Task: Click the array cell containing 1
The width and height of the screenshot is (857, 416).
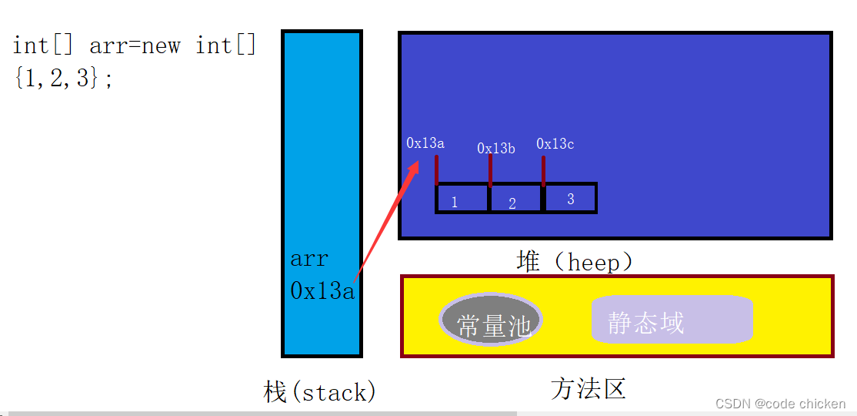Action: coord(462,199)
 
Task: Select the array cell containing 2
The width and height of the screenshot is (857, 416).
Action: coord(516,199)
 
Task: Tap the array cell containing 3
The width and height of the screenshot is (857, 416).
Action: coord(570,198)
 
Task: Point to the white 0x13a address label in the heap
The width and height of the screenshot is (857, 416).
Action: coord(425,143)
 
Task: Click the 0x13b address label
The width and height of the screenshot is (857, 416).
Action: coord(496,148)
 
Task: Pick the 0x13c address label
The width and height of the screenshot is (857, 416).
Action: coord(555,143)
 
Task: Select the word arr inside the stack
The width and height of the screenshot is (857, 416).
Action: coord(309,259)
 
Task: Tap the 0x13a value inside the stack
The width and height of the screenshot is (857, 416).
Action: coord(322,290)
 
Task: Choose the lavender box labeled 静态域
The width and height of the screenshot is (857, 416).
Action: coord(672,320)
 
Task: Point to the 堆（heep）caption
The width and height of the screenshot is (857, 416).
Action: coord(575,262)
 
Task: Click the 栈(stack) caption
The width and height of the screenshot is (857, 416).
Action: coord(319,392)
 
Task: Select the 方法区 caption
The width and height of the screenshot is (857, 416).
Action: coord(589,388)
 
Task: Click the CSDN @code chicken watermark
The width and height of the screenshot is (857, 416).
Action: coord(780,404)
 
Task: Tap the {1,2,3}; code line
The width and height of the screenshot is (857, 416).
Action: coord(63,78)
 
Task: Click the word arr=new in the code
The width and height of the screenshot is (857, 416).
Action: coord(135,45)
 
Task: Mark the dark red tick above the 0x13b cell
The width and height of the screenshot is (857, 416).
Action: coord(490,171)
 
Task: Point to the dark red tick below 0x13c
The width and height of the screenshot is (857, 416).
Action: coord(543,171)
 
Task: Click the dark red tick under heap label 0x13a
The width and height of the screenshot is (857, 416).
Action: coord(436,170)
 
